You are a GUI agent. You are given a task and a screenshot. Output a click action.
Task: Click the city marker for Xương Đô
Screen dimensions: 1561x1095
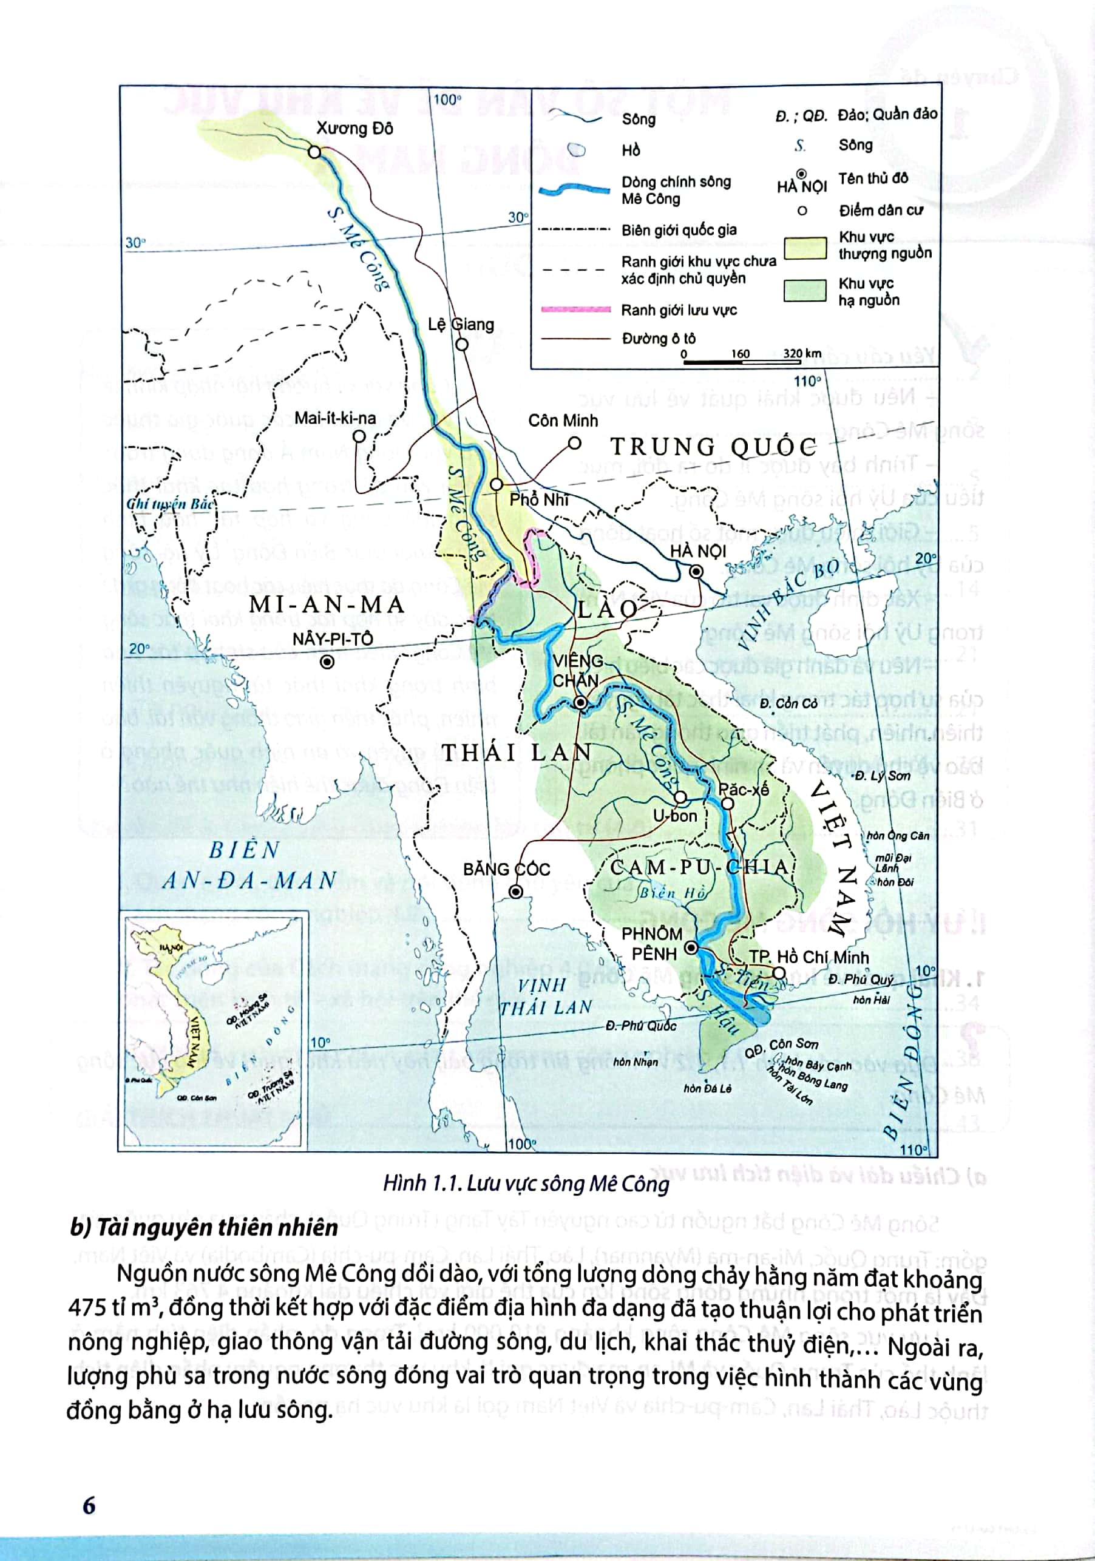pyautogui.click(x=314, y=152)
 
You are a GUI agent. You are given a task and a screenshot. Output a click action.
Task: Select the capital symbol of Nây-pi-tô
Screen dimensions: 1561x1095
pyautogui.click(x=328, y=662)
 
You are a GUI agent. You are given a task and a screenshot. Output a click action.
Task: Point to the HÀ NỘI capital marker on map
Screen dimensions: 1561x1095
pyautogui.click(x=696, y=572)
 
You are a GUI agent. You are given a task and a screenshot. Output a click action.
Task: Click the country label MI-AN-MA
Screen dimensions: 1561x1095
pyautogui.click(x=327, y=604)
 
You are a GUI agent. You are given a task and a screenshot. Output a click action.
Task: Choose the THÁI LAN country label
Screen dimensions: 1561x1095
pyautogui.click(x=517, y=752)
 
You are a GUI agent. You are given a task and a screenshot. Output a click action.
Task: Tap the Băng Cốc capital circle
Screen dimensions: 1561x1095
pyautogui.click(x=516, y=892)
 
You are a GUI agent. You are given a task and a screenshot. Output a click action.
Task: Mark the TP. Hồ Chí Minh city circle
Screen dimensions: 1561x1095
pyautogui.click(x=778, y=972)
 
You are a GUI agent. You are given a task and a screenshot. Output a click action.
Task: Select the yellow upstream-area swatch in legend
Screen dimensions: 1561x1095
pyautogui.click(x=805, y=248)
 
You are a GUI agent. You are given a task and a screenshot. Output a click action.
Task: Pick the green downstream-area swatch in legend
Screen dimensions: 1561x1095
pyautogui.click(x=805, y=290)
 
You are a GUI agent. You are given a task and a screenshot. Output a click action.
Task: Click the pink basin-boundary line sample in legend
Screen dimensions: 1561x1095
pyautogui.click(x=575, y=310)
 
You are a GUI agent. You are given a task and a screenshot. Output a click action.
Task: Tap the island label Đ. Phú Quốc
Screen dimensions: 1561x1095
pyautogui.click(x=641, y=1026)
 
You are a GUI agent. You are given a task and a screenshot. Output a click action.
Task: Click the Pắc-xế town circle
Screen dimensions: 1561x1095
pyautogui.click(x=727, y=804)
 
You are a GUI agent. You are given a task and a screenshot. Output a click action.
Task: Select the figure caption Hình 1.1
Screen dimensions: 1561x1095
pyautogui.click(x=526, y=1183)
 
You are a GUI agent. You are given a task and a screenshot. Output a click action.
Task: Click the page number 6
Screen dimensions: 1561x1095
pyautogui.click(x=89, y=1505)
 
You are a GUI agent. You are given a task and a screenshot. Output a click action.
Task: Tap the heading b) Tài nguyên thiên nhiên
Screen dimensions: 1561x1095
pyautogui.click(x=204, y=1228)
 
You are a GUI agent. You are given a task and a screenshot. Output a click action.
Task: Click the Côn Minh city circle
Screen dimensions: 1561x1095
pyautogui.click(x=575, y=443)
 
